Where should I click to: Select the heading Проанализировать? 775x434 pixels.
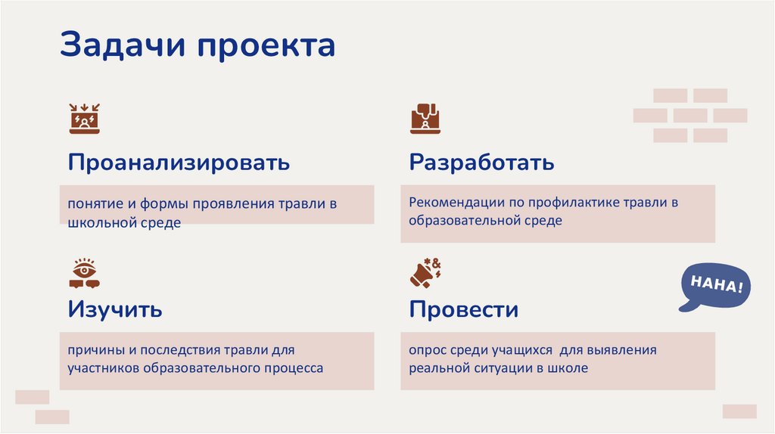[179, 163]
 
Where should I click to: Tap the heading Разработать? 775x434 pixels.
[481, 163]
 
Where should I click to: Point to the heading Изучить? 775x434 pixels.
[115, 309]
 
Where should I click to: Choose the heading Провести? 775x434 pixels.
[463, 309]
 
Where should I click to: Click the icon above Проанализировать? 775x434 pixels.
[84, 119]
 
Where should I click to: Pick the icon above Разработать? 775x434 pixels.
[425, 119]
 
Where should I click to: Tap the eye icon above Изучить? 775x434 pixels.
[84, 273]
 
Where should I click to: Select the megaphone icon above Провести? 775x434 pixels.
[425, 273]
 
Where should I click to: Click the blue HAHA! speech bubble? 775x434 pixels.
[715, 287]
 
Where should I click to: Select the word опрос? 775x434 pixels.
[428, 351]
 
